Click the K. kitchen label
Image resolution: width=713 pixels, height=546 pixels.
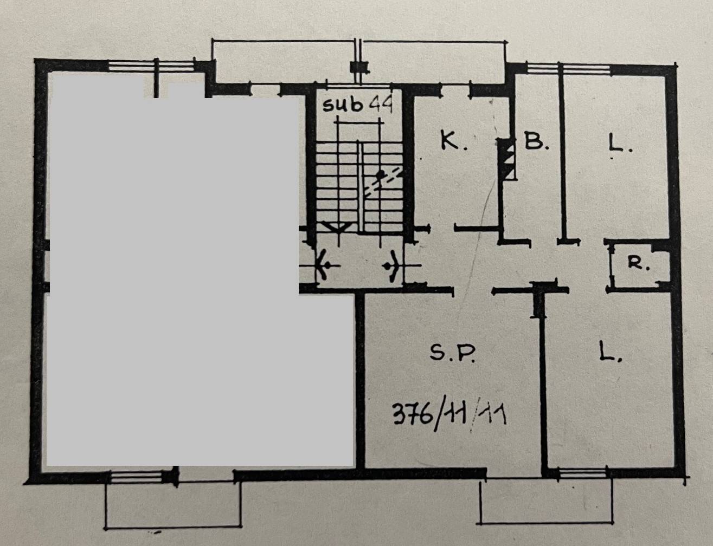coord(454,142)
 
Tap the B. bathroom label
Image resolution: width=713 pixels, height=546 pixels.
coord(536,141)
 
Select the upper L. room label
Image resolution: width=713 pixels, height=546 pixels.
coord(620,144)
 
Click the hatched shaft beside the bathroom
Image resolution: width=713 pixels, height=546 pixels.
coord(507,159)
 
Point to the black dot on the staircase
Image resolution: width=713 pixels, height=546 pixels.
coord(380,174)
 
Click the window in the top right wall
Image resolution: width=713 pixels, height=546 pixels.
coord(568,69)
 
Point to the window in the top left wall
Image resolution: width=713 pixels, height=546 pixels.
coord(151,65)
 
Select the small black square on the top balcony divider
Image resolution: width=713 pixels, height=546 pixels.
coord(359,68)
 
